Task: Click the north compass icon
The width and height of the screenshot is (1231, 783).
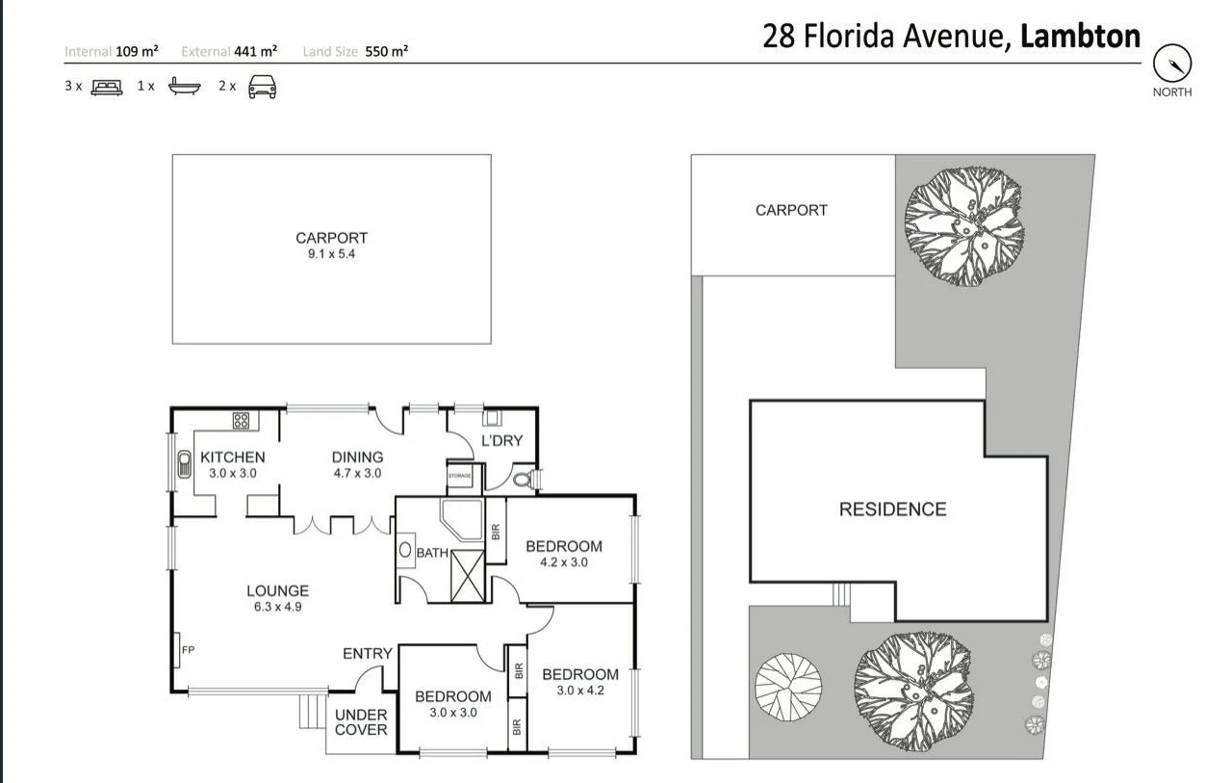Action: (1171, 65)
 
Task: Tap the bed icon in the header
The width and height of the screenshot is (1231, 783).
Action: (107, 87)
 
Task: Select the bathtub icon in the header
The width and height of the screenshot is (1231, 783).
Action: (184, 87)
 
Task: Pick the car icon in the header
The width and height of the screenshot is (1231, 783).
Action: (262, 87)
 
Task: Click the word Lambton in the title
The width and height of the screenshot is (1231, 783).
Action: (1080, 38)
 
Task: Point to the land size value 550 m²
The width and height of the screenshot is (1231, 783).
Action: (387, 52)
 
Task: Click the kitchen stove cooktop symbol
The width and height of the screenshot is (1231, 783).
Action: (241, 420)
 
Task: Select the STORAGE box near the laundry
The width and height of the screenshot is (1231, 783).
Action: (460, 477)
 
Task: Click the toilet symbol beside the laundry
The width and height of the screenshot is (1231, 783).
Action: (524, 477)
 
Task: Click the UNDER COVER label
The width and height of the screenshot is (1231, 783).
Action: (361, 721)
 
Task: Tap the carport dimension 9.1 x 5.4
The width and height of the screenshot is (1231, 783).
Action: (331, 254)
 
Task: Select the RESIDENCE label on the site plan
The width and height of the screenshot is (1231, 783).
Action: (892, 509)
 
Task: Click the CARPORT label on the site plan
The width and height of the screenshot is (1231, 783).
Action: (791, 210)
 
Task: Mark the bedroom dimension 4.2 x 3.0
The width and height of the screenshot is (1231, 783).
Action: (563, 562)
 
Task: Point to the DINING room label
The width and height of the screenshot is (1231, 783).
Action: (357, 457)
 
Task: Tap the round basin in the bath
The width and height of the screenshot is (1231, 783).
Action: (405, 552)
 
